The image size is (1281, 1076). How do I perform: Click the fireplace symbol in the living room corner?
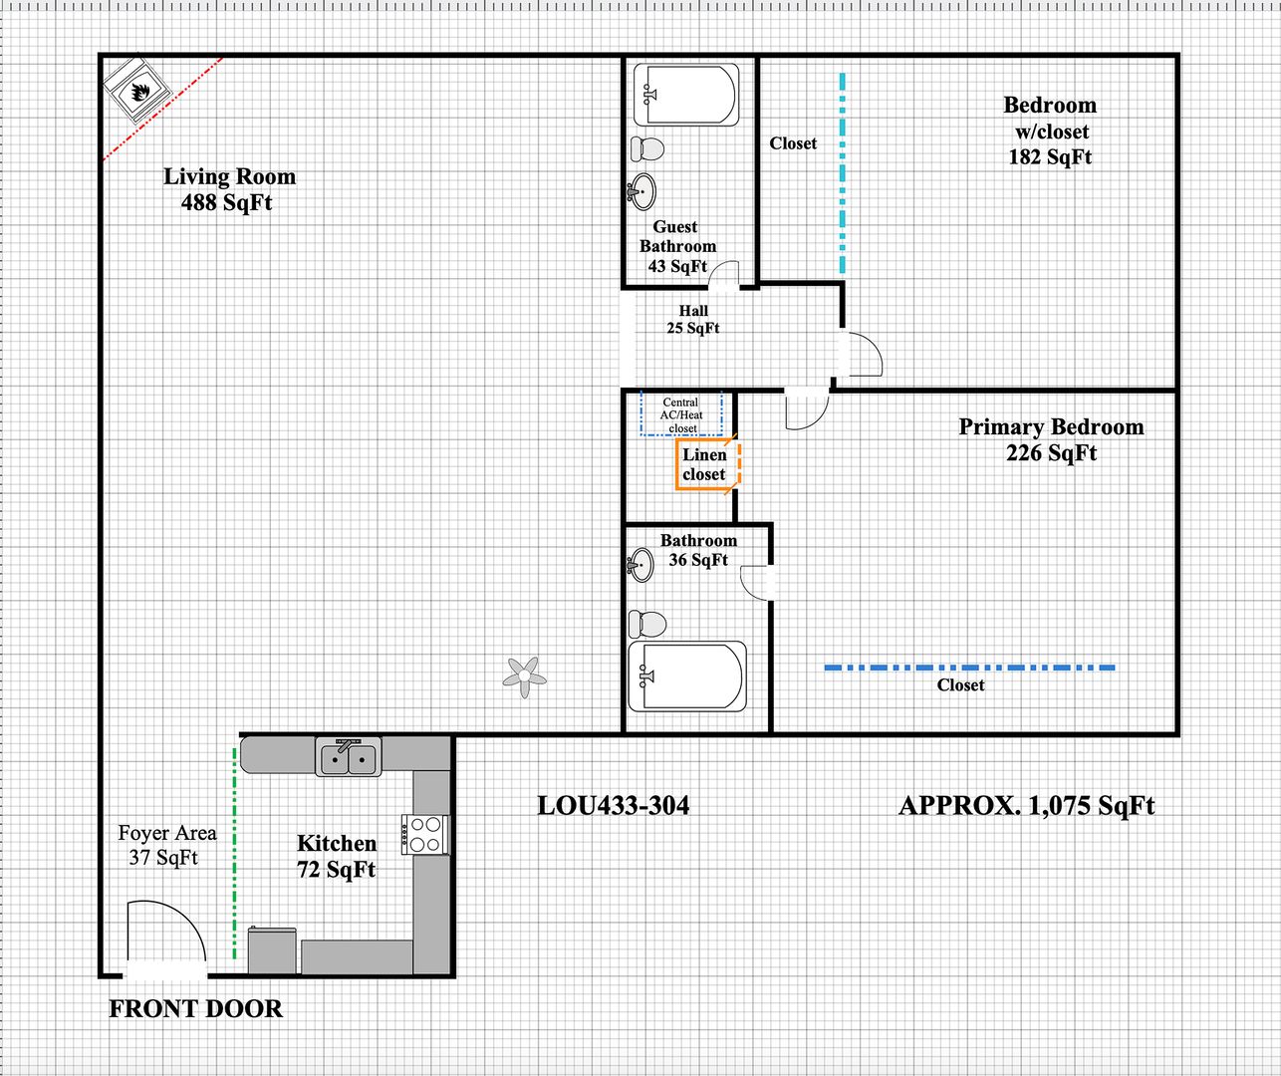coord(136,91)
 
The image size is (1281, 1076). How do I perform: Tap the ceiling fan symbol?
coord(525,677)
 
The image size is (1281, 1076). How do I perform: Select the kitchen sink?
coord(348,757)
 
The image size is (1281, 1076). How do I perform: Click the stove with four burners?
coord(425,835)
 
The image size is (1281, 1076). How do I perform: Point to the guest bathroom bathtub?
coord(686,95)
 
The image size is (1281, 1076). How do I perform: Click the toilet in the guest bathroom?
coord(647,148)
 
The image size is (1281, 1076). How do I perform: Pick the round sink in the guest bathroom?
coord(641,191)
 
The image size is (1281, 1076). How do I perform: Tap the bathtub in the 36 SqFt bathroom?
coord(687,676)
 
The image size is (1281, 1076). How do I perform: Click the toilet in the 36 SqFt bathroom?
coord(647,625)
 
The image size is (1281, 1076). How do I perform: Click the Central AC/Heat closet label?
coord(681,415)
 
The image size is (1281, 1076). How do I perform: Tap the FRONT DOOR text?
coord(195,1009)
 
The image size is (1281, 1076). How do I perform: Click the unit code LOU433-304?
coord(614,806)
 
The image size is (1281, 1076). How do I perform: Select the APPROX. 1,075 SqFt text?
coord(1026,806)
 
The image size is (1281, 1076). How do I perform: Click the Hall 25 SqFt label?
coord(693,319)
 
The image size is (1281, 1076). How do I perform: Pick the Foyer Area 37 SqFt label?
coord(167,845)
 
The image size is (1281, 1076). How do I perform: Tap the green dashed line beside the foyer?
coord(234,854)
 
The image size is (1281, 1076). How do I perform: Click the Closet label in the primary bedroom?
coord(960,685)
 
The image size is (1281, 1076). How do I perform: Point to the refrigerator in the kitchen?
coord(272,949)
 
